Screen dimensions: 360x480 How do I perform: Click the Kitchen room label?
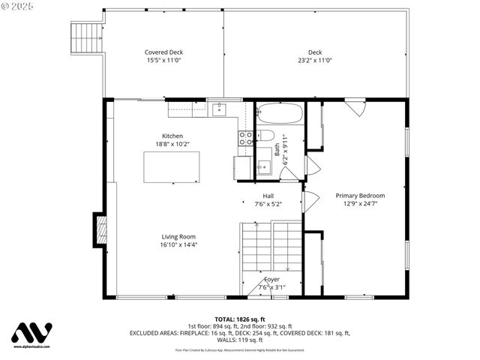click(169, 136)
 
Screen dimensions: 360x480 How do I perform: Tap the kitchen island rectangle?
click(172, 166)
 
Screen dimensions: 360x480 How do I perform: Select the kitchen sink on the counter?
click(220, 111)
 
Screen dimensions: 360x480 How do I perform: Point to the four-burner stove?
click(244, 137)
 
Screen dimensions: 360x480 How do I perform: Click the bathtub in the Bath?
click(280, 115)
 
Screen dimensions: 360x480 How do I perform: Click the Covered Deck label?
click(163, 52)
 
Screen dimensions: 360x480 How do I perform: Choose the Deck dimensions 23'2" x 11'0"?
click(315, 61)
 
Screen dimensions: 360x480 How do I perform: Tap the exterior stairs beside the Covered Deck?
click(85, 34)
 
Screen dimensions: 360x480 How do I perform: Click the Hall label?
click(268, 195)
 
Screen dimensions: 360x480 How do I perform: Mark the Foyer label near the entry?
click(271, 279)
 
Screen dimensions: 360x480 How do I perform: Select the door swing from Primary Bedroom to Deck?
click(358, 106)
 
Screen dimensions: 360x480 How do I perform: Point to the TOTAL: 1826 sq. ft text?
click(239, 318)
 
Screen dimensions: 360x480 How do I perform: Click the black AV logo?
click(31, 333)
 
